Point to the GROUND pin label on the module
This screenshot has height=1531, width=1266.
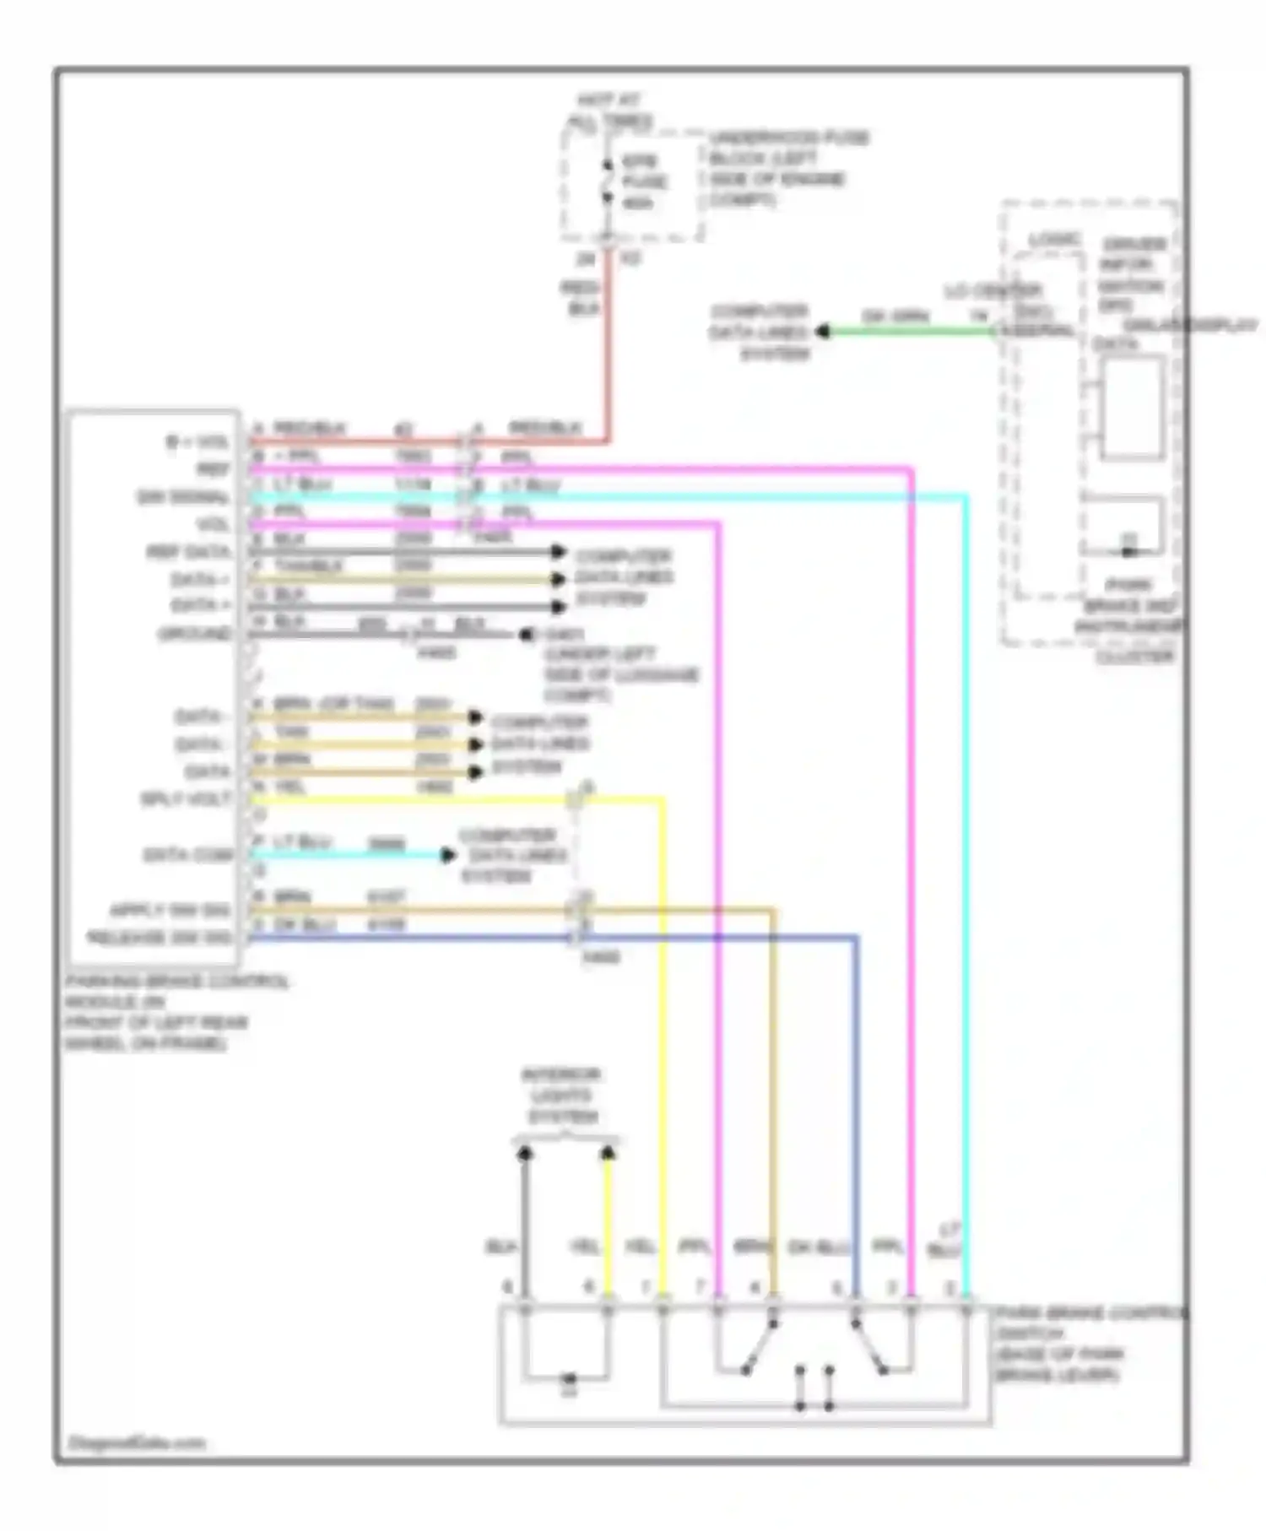[195, 634]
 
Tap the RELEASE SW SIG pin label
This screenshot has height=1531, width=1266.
[160, 937]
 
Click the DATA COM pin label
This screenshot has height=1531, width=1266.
[187, 855]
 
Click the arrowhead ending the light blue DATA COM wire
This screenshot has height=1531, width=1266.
[448, 855]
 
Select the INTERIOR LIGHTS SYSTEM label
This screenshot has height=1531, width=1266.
[561, 1096]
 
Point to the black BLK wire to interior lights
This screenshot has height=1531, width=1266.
[525, 1224]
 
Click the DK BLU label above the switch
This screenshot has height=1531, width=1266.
[819, 1247]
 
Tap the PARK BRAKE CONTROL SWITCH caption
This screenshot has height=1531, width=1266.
[1089, 1344]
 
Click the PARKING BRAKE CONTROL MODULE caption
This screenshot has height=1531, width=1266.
[176, 1012]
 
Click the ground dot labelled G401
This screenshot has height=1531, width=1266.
[526, 634]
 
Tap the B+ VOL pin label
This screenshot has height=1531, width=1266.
[196, 441]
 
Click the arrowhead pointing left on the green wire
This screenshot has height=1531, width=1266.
[822, 332]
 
